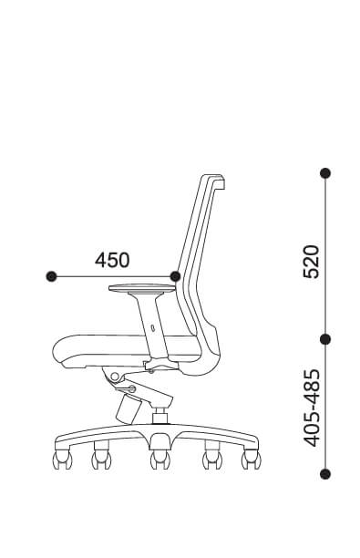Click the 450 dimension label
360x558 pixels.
112,260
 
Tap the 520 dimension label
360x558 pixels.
311,262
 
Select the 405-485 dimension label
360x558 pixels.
312,408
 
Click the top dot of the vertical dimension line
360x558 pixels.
325,173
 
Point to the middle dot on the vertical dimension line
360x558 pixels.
325,339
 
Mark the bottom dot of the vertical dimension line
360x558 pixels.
325,474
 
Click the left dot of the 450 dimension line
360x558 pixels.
52,276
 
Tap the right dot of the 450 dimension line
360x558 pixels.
175,276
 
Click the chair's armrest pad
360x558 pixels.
142,288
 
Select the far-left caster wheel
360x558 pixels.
62,460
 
